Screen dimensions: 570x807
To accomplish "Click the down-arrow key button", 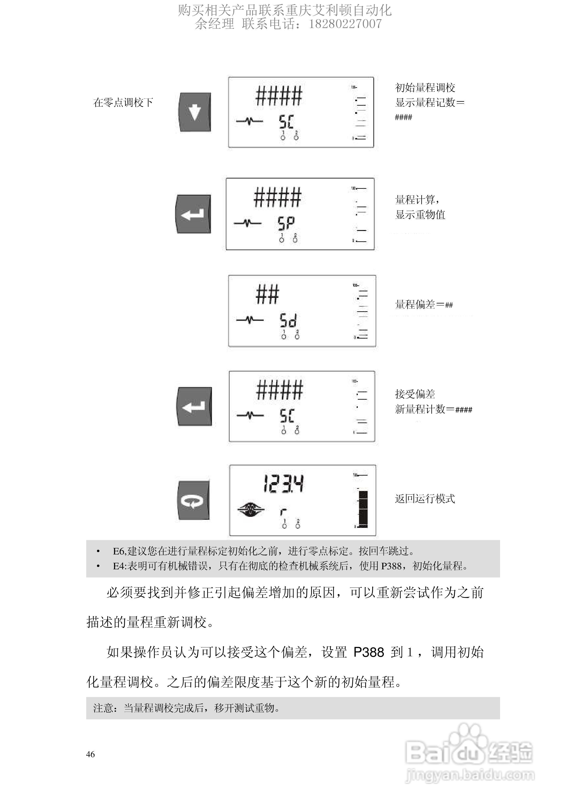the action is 195,112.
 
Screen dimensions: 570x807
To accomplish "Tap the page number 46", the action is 90,754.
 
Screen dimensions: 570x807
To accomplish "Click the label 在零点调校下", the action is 123,102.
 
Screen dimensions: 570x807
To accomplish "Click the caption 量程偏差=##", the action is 424,304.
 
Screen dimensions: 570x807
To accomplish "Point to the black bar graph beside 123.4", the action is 363,509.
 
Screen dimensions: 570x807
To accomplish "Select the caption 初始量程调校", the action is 425,87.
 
